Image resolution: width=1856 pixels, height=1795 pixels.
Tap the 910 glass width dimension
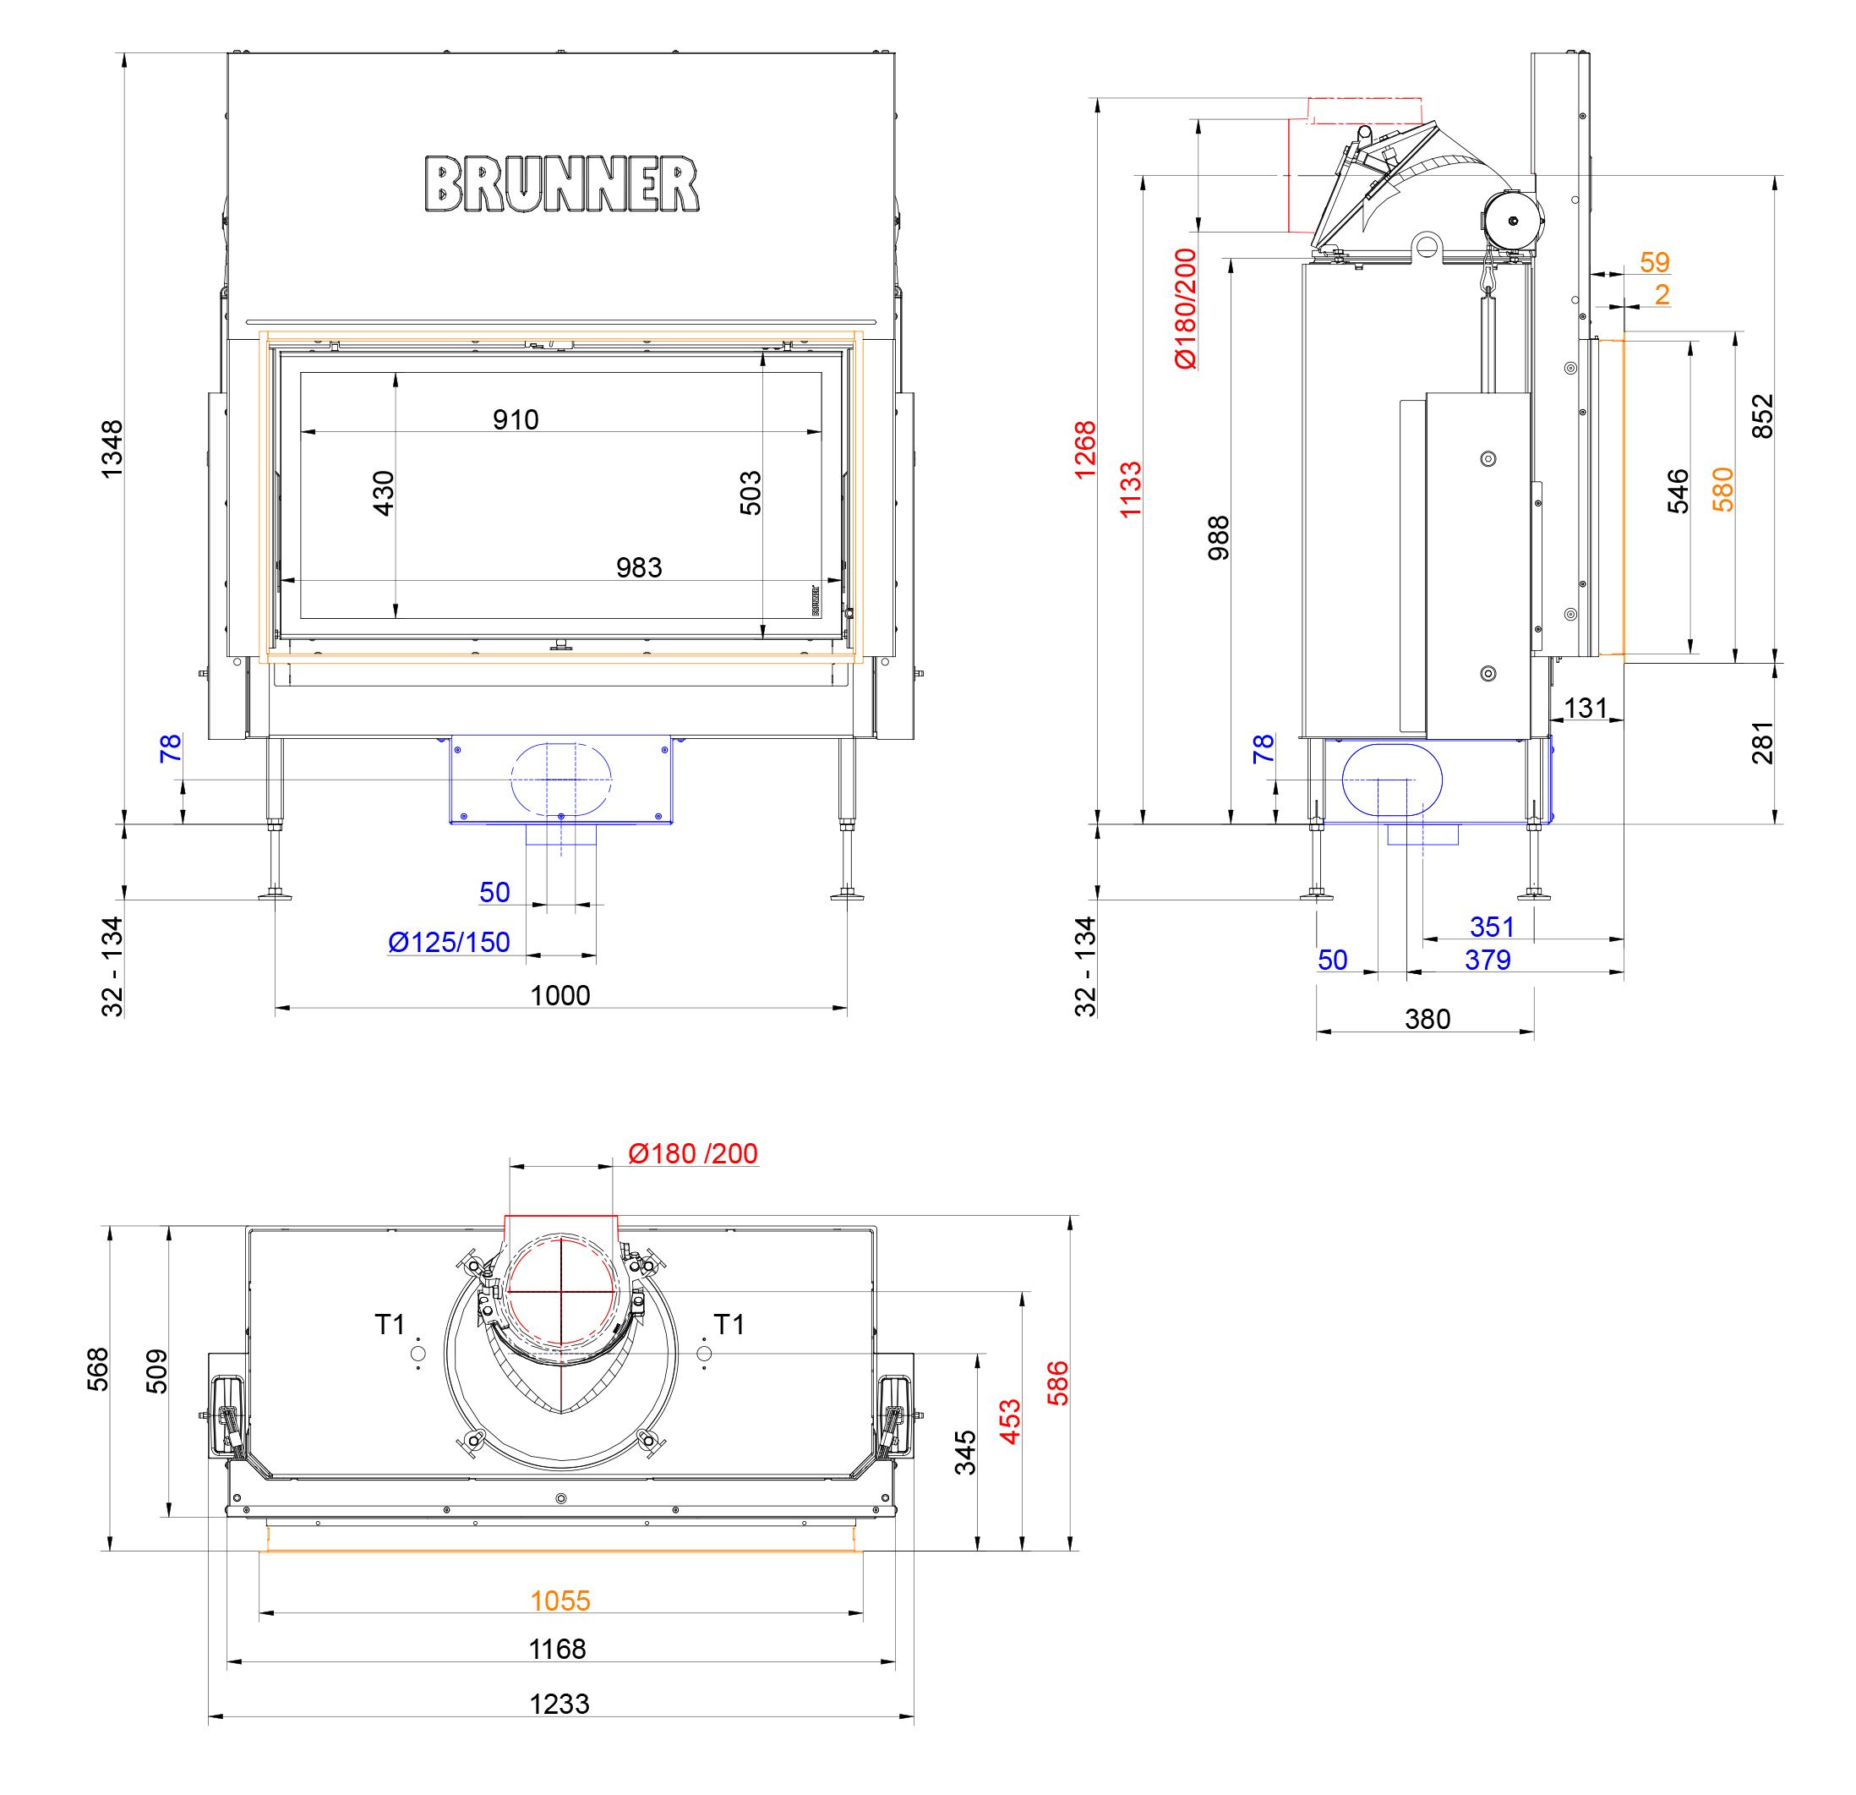516,419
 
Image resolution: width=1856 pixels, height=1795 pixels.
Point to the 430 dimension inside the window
384,493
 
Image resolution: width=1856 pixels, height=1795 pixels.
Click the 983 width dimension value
638,567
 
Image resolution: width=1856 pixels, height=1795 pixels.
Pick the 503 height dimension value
750,493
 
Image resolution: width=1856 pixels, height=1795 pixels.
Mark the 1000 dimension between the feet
560,995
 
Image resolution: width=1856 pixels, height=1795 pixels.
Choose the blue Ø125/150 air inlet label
449,943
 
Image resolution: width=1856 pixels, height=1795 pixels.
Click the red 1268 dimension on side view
1085,449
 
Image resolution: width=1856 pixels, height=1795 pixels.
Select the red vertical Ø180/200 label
1185,308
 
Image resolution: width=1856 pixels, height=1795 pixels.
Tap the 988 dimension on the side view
1219,537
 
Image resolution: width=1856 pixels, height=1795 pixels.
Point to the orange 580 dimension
1723,490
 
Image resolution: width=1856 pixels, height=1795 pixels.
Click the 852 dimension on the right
1762,416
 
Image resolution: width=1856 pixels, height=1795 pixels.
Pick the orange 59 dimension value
1654,261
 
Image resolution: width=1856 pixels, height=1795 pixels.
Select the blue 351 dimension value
1492,927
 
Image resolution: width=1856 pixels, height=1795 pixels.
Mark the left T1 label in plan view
389,1324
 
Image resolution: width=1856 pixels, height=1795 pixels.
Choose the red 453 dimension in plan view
1010,1420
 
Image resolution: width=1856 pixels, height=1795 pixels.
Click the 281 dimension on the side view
1762,742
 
